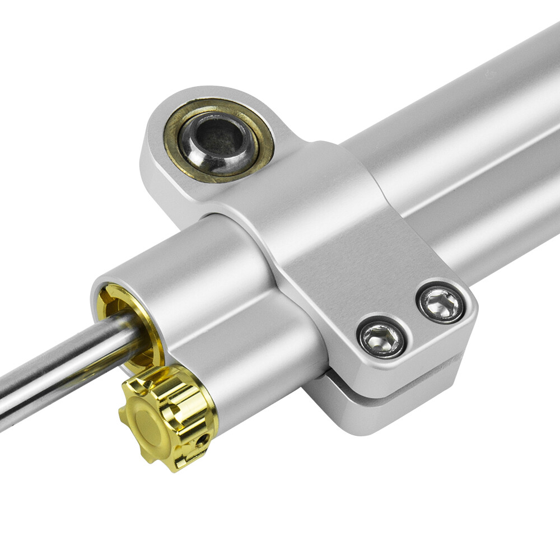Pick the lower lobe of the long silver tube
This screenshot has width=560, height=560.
(493, 224)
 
